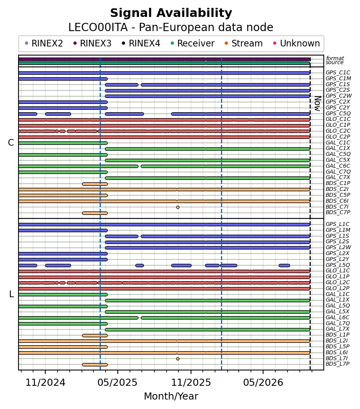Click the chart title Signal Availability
point(171,13)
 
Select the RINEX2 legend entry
point(44,43)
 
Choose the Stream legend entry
point(243,43)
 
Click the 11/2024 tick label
point(45,383)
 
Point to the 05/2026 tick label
point(263,383)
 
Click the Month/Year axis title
point(171,396)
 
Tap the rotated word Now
point(317,104)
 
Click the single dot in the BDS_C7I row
point(178,207)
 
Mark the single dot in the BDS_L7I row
point(178,359)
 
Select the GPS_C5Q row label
point(338,113)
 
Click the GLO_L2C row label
point(338,283)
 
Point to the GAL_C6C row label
point(338,166)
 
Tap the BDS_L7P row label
point(337,364)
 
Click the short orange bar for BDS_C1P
point(95,184)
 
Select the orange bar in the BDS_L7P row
point(95,365)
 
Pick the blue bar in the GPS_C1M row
point(63,79)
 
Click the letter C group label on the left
point(11,143)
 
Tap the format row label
point(335,58)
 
